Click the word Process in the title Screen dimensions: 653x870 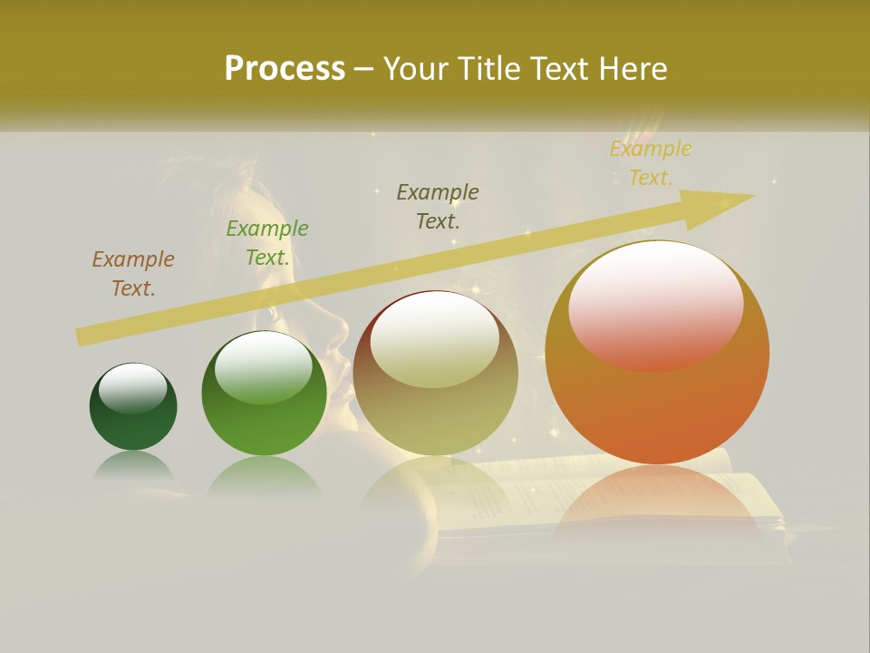[285, 69]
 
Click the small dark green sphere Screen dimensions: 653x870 [133, 407]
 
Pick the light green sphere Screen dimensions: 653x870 [264, 394]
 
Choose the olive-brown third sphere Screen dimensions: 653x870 [435, 374]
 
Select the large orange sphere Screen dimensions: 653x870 [657, 353]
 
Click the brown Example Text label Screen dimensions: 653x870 [133, 274]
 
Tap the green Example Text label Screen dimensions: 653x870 [266, 243]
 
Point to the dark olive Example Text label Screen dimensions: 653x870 [438, 206]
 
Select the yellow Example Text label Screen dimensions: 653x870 [650, 163]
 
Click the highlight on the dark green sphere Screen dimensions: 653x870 [132, 388]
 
